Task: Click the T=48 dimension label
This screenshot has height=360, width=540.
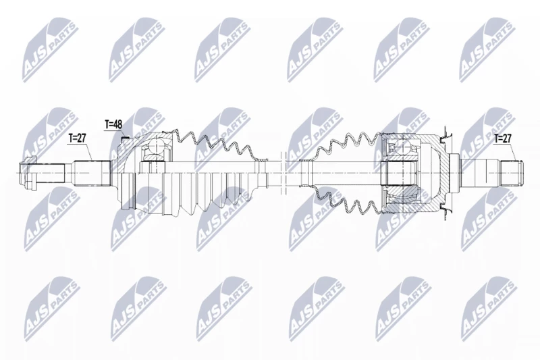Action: coord(113,124)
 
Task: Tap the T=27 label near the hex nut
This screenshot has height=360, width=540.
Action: coord(77,138)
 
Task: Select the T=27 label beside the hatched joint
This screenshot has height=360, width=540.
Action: coord(503,138)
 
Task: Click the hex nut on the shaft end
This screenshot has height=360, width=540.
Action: coord(28,173)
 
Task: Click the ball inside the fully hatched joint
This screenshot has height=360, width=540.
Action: coord(402,147)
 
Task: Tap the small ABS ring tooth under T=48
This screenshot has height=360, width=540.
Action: coord(126,139)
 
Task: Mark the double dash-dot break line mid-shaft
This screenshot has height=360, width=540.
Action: coord(283,173)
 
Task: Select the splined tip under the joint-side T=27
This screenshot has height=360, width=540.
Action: coord(511,173)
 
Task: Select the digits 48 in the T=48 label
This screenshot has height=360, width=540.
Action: coord(117,124)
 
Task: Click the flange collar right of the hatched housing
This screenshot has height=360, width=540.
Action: coord(454,173)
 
